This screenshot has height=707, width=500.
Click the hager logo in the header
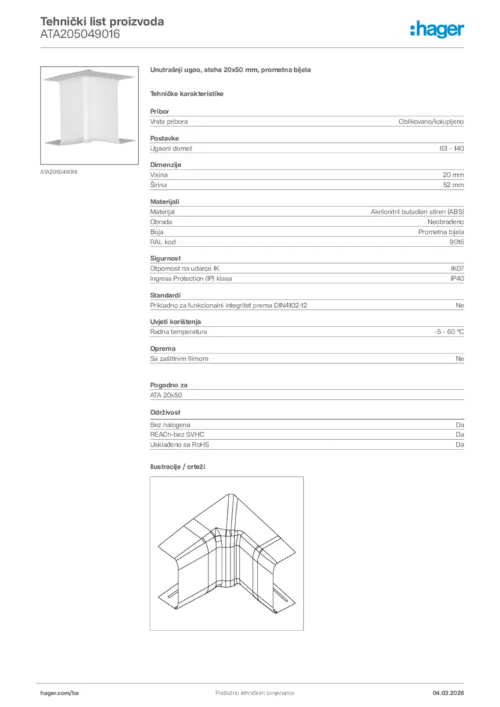436,29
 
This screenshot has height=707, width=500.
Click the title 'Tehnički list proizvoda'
102,21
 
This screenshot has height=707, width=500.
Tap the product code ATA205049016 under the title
79,34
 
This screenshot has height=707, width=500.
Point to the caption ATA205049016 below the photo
59,171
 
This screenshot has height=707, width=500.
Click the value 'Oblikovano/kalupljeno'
431,122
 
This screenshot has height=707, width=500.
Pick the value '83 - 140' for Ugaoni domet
452,148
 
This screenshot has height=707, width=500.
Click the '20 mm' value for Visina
453,175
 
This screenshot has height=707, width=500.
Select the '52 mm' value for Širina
453,185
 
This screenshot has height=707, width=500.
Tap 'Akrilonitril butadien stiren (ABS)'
417,212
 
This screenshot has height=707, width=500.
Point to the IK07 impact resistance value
456,269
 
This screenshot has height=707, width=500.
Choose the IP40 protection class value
456,278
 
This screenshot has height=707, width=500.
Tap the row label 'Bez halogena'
170,425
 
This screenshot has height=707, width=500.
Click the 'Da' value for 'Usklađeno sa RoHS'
459,445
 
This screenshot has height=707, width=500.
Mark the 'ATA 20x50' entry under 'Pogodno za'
166,396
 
